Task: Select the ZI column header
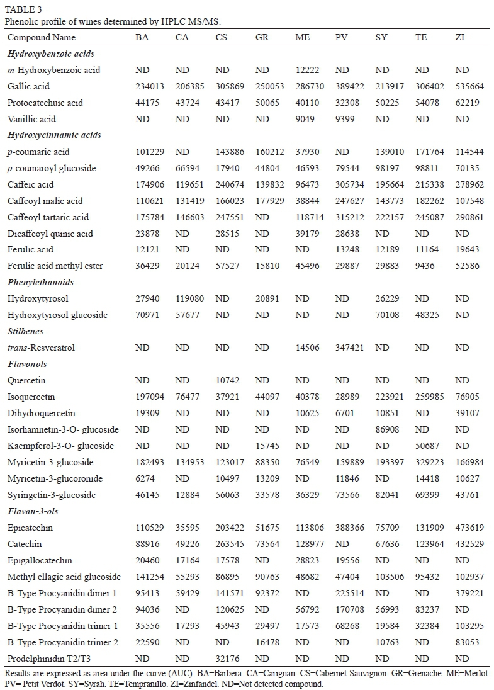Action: click(x=461, y=38)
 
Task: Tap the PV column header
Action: click(x=341, y=38)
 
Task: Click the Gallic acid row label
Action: click(x=28, y=86)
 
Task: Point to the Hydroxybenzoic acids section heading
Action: click(x=43, y=54)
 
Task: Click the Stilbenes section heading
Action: click(x=25, y=331)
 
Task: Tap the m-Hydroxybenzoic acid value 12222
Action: click(x=308, y=70)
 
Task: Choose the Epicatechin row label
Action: click(x=30, y=528)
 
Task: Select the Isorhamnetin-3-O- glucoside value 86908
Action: click(x=388, y=429)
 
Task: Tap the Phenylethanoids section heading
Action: click(x=40, y=282)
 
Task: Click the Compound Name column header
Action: click(x=42, y=38)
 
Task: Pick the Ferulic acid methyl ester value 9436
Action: click(x=427, y=266)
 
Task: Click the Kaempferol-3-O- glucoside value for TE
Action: click(x=427, y=446)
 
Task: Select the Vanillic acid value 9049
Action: click(x=307, y=119)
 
